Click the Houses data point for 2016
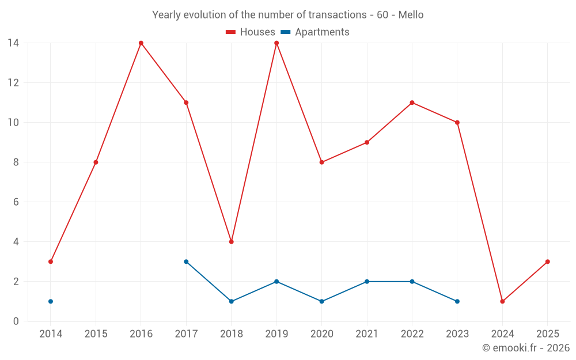point(141,43)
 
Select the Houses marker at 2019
point(276,43)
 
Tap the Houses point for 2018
point(232,242)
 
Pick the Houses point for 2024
point(502,301)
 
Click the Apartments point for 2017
point(186,262)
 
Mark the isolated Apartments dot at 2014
point(51,301)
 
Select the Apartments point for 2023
point(457,301)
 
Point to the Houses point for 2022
point(412,103)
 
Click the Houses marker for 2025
point(548,262)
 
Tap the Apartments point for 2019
point(276,282)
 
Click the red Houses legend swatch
point(231,32)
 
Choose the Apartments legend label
point(322,32)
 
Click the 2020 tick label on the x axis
point(321,334)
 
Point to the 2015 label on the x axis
point(96,334)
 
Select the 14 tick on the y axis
point(13,43)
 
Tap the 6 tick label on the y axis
point(16,202)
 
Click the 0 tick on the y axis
point(16,321)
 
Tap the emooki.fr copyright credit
point(526,348)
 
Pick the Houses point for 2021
point(367,142)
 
